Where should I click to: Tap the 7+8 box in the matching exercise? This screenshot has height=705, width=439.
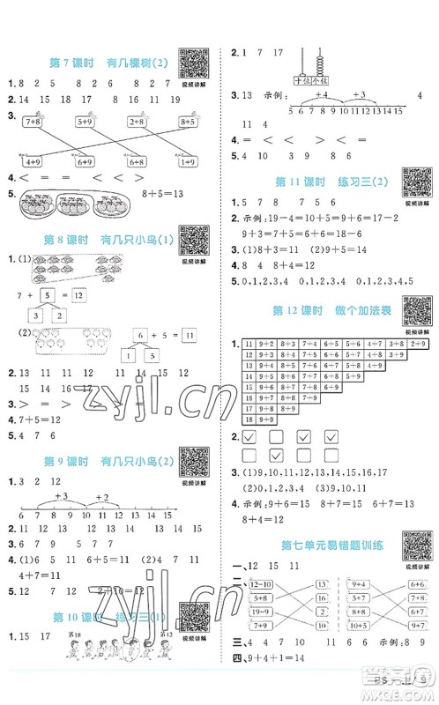33,122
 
